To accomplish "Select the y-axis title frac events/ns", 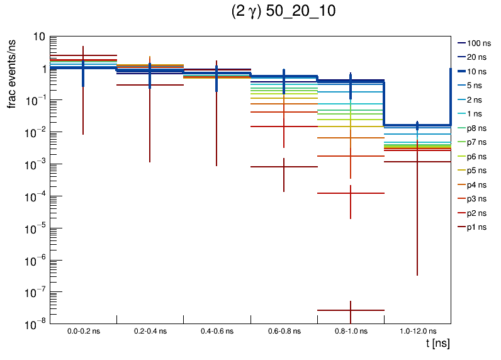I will point(12,72).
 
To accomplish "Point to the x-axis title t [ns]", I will point(437,344).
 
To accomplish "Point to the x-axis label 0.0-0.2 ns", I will point(83,331).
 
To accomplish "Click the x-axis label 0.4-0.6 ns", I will point(217,331).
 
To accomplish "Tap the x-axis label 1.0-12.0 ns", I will point(417,331).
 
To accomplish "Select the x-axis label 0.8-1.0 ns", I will point(351,331).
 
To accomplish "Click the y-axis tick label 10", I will point(38,37).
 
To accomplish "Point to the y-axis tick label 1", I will point(42,69).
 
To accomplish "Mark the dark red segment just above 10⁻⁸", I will point(334,310).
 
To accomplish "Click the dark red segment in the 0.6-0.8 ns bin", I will point(271,167).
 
